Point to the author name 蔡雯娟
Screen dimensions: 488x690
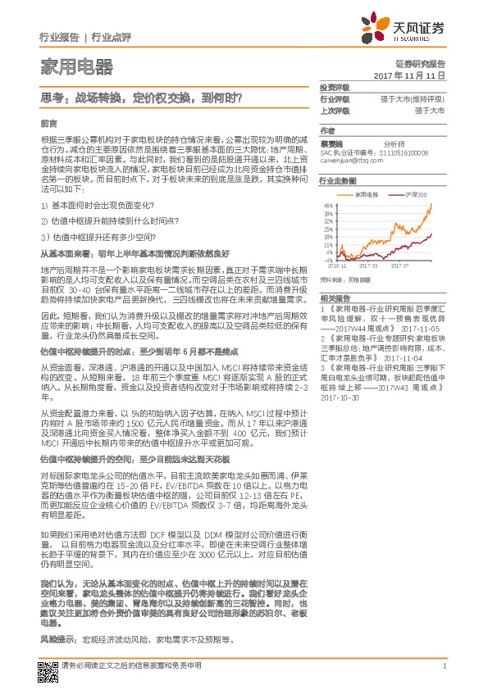(332, 142)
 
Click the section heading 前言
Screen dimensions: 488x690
(48, 123)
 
